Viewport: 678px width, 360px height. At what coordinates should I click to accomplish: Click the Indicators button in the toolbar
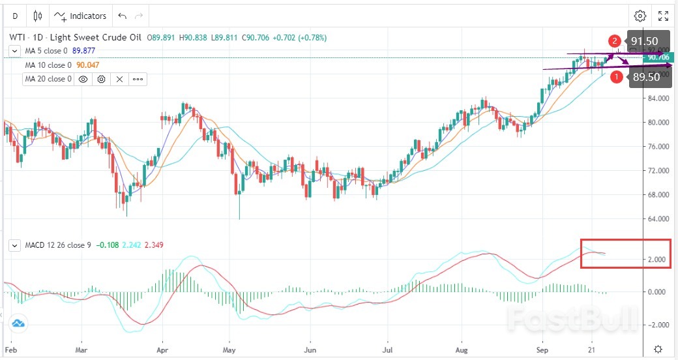click(80, 16)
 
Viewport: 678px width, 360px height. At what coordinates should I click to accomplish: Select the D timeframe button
click(15, 16)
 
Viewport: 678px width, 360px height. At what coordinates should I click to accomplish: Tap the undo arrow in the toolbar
click(122, 16)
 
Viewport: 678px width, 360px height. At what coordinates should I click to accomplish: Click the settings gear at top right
click(640, 16)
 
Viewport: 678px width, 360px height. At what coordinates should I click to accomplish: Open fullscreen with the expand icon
click(663, 16)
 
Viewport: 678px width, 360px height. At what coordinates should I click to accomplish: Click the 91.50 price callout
click(643, 41)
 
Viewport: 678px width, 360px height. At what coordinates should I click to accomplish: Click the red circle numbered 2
click(615, 41)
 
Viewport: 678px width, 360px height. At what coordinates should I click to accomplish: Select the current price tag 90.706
click(659, 57)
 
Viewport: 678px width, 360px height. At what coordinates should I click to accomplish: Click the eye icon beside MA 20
click(83, 79)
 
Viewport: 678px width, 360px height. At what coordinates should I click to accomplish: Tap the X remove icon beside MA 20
click(120, 79)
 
